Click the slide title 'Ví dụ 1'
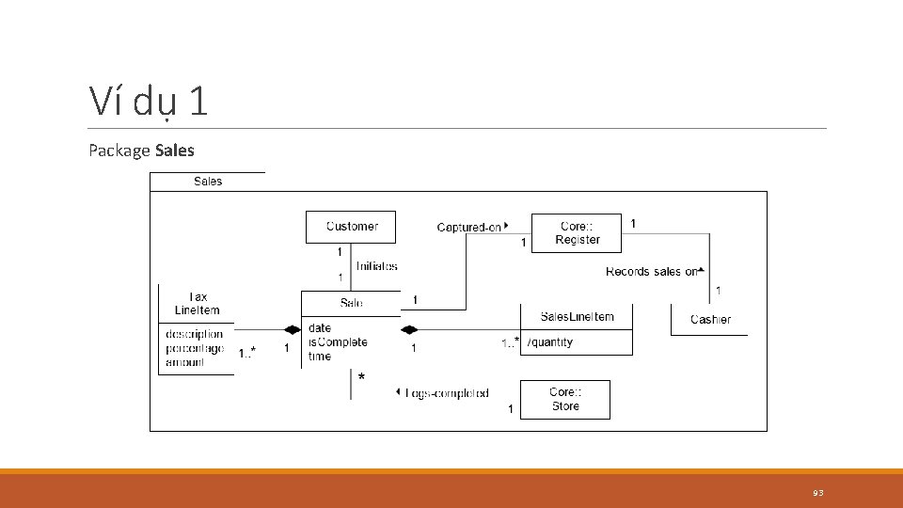(x=148, y=101)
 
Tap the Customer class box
(x=351, y=227)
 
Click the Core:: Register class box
(x=577, y=233)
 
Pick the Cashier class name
(x=710, y=320)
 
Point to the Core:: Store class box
(x=565, y=400)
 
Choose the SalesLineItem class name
(x=577, y=317)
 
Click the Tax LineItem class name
(x=197, y=304)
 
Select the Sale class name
(x=351, y=303)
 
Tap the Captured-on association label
(x=469, y=227)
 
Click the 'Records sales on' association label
(x=652, y=272)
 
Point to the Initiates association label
(x=376, y=266)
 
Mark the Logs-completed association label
(x=447, y=393)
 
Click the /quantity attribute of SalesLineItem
(x=550, y=342)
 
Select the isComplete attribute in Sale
(x=338, y=342)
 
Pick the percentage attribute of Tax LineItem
(x=195, y=348)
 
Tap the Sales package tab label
(x=208, y=182)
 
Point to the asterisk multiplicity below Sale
(x=361, y=378)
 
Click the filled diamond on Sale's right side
(x=408, y=329)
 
